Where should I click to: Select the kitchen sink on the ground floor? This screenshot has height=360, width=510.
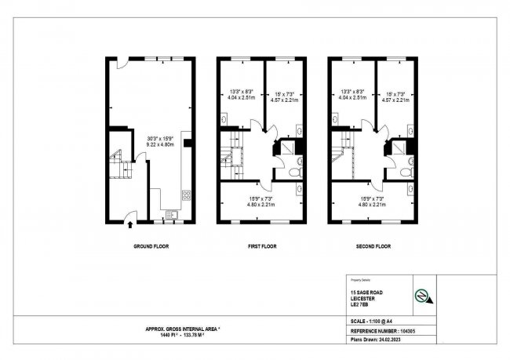coord(173,213)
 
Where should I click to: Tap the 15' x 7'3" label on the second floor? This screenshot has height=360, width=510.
coord(394,93)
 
